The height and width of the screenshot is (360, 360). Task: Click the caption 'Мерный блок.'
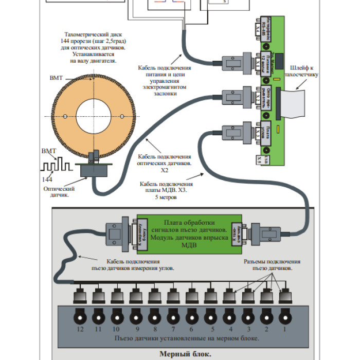185,354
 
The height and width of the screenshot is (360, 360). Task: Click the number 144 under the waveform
47,178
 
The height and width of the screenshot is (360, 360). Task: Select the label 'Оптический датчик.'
59,192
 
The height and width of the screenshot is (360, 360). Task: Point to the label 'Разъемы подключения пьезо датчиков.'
272,265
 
